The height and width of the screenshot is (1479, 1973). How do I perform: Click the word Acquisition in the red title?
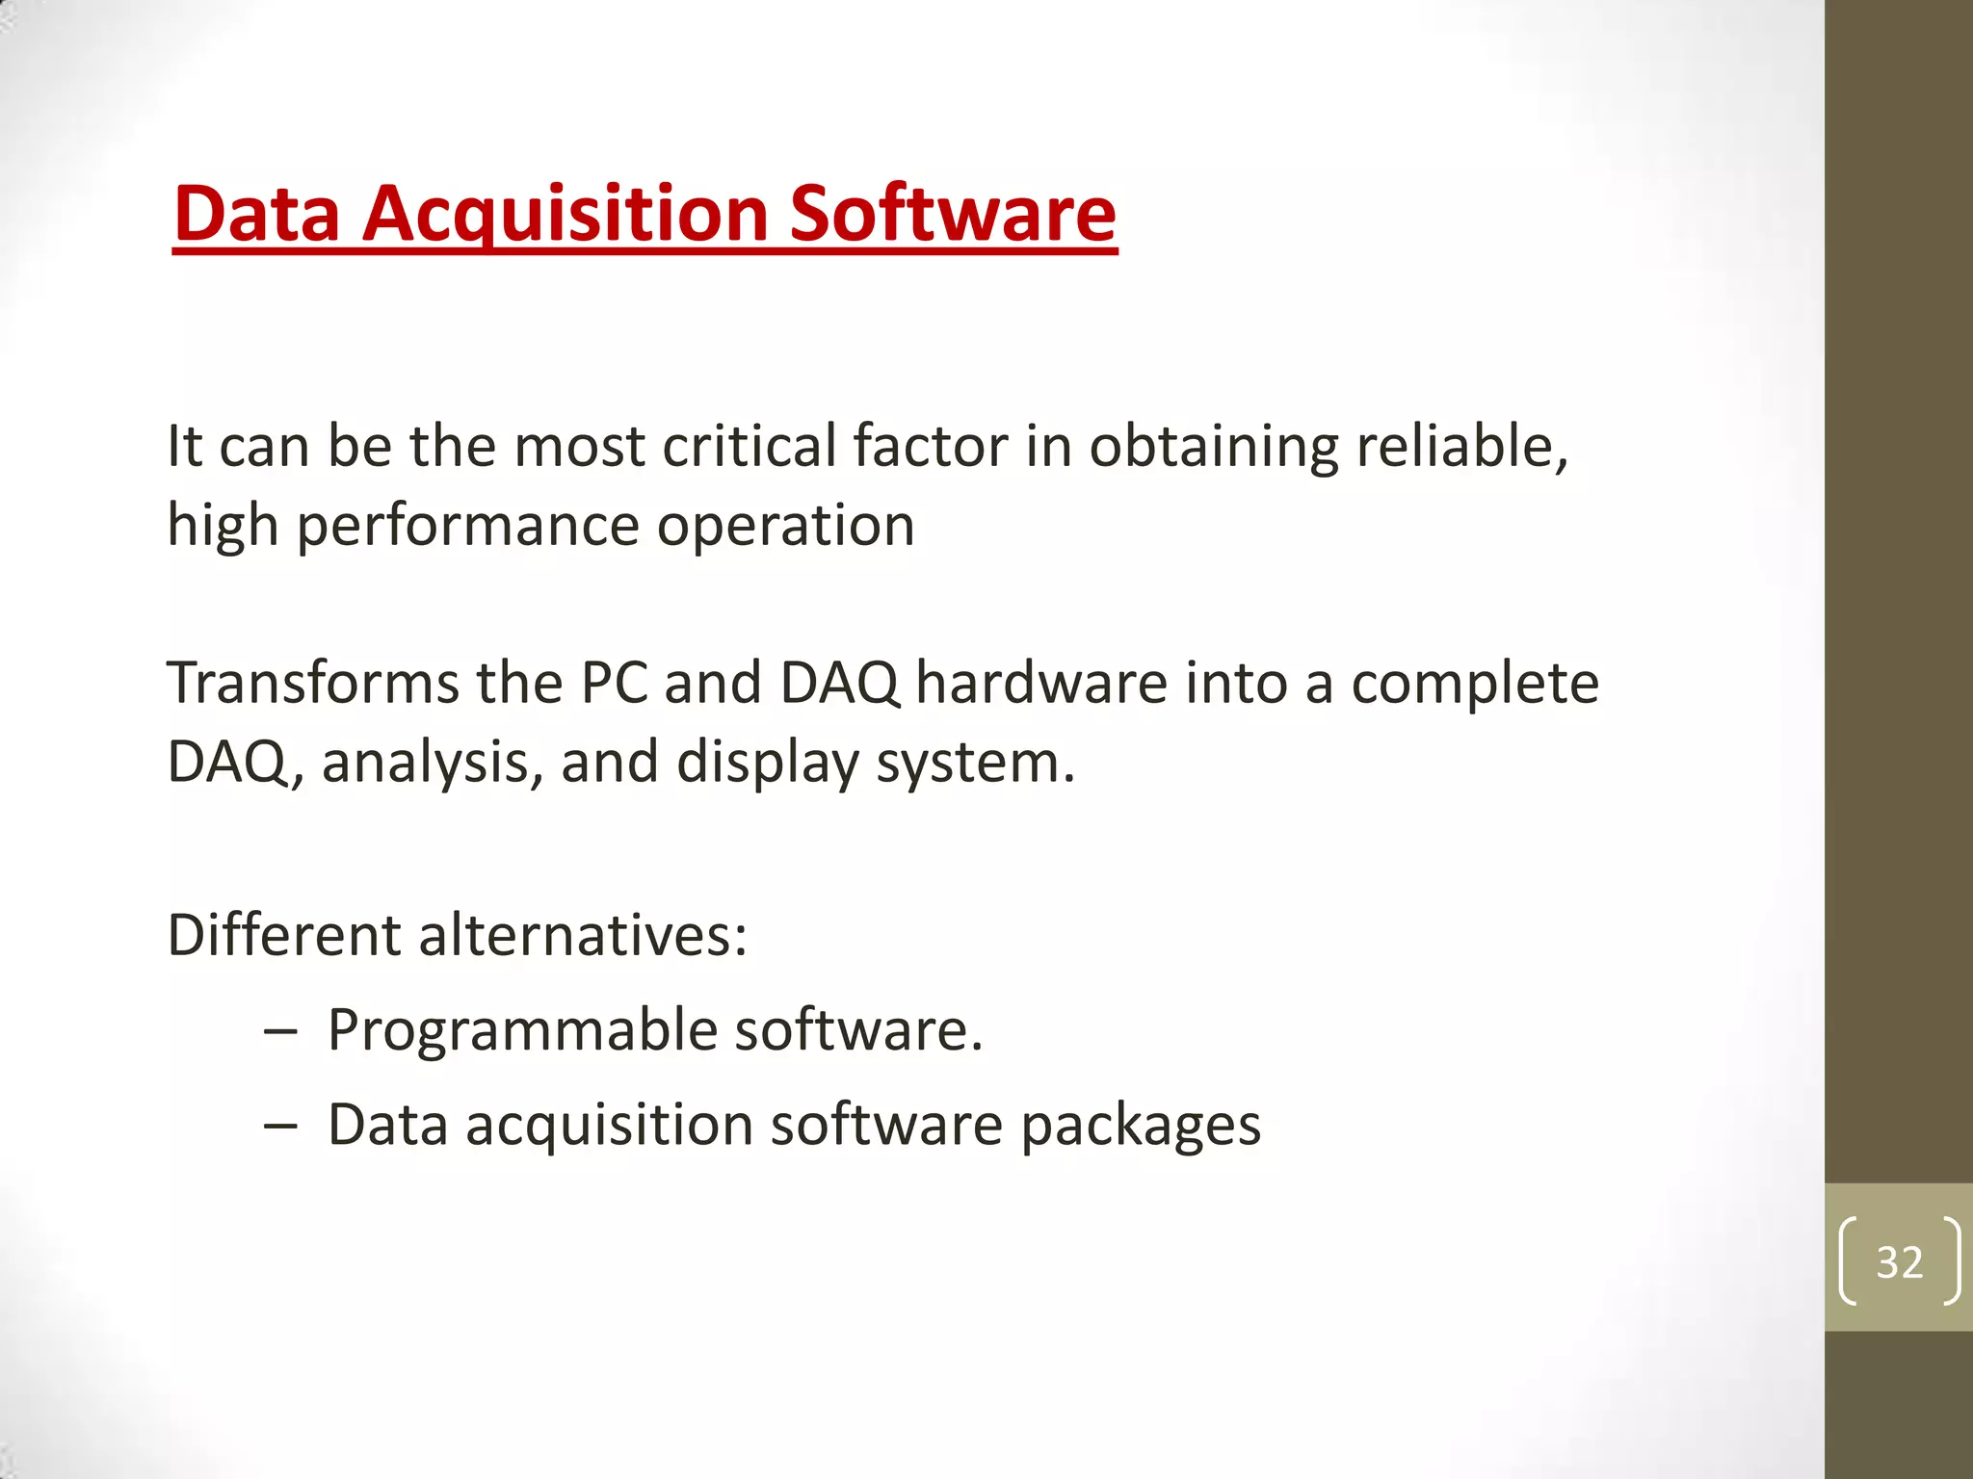pos(566,214)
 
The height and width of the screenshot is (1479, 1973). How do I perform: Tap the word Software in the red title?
pos(952,214)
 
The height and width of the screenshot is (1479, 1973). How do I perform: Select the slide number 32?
pos(1899,1261)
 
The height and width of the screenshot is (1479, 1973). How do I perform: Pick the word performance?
pos(467,527)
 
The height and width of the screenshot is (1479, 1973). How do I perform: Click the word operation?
pos(785,526)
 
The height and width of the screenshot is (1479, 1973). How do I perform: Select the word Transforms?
pos(313,683)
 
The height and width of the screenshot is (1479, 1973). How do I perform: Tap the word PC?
pos(614,683)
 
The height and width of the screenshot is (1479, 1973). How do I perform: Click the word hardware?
pos(1041,683)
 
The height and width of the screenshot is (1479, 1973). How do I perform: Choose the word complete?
pos(1475,685)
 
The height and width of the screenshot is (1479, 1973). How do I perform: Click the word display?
pos(767,763)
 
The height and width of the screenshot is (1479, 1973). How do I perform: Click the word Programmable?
pos(522,1030)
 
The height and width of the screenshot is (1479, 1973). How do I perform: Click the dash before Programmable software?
pos(280,1031)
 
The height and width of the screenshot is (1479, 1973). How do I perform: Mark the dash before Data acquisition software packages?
pos(280,1126)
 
